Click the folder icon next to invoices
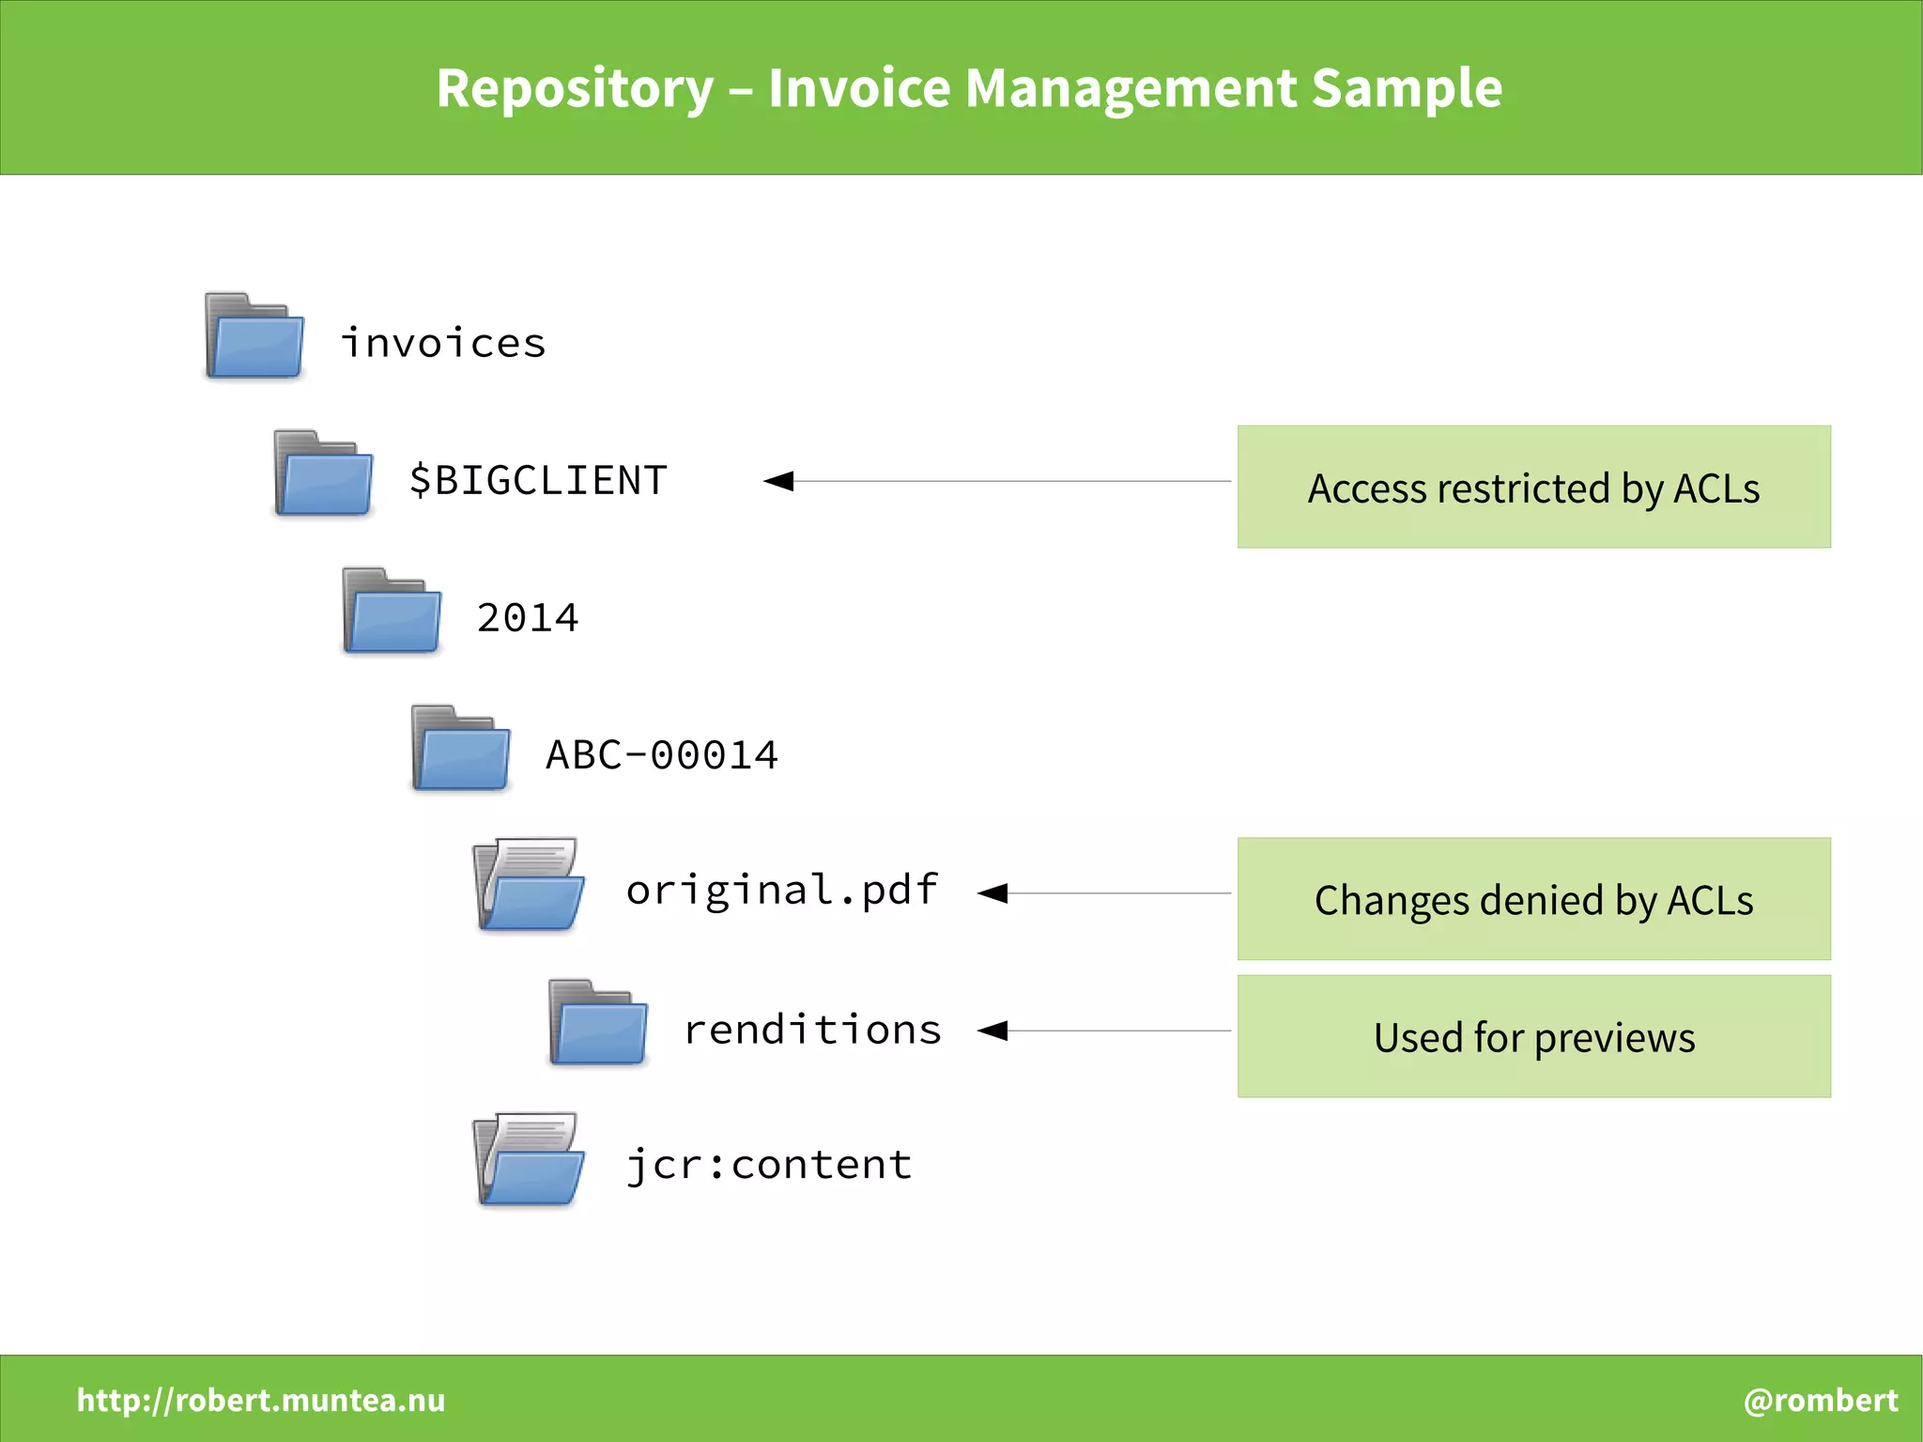click(x=254, y=336)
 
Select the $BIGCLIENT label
click(x=538, y=481)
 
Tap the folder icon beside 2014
click(x=392, y=611)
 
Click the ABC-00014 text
click(x=662, y=755)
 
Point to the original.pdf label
click(x=781, y=890)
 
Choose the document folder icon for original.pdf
click(x=529, y=885)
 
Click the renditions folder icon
click(x=598, y=1023)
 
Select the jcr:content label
click(x=769, y=1165)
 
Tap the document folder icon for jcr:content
click(x=529, y=1160)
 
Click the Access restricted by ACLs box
click(x=1533, y=487)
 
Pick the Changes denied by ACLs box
click(x=1533, y=899)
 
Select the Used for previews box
click(x=1533, y=1036)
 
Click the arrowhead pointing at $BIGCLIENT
click(x=780, y=481)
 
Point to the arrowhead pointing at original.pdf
click(x=993, y=893)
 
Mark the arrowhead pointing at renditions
click(x=993, y=1031)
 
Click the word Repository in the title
click(x=575, y=89)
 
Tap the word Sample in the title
click(x=1406, y=89)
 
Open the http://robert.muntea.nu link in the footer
click(x=261, y=1400)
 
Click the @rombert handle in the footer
click(x=1820, y=1400)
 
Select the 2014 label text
click(x=528, y=618)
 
